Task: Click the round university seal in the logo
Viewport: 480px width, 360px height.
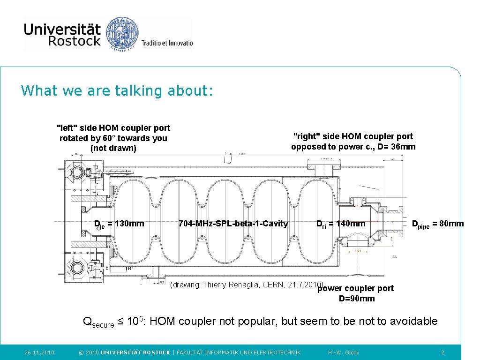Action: pos(122,33)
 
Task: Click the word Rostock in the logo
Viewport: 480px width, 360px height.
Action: pos(74,41)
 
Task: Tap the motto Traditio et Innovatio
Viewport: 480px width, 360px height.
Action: pos(167,43)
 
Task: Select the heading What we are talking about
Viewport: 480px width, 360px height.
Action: pos(117,90)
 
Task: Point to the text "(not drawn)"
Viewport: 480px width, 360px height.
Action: pos(113,148)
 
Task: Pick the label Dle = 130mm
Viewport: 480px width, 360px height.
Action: pos(119,224)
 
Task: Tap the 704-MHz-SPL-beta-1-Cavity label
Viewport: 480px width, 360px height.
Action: pos(233,224)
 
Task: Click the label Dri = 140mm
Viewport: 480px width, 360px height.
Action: pos(340,224)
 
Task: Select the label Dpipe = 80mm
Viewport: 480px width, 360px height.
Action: pos(437,224)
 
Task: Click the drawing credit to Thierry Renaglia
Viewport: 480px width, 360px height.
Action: pos(247,285)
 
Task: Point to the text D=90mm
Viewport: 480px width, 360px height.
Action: pos(357,299)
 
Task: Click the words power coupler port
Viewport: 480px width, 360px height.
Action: pos(356,288)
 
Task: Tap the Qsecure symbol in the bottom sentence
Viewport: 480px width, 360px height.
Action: pos(98,322)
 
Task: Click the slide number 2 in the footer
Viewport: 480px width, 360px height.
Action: pos(442,352)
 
